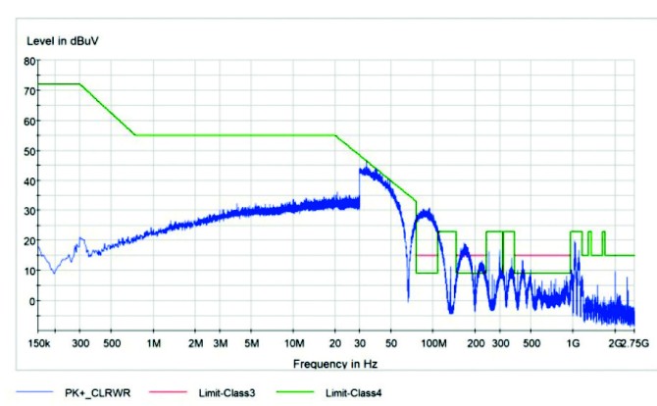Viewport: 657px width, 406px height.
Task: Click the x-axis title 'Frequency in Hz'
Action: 334,364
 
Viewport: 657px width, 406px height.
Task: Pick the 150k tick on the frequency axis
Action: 38,344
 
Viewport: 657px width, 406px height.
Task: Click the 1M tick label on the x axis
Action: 154,344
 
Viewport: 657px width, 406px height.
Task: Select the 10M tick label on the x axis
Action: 293,344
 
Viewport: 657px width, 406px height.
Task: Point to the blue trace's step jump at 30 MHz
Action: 360,186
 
